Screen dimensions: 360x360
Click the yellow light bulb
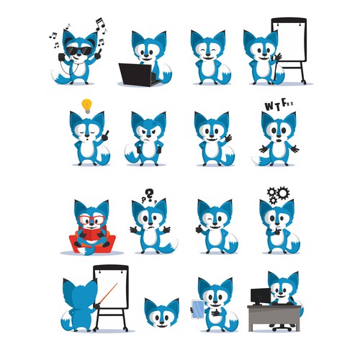pyautogui.click(x=87, y=106)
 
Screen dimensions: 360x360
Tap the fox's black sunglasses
pyautogui.click(x=79, y=50)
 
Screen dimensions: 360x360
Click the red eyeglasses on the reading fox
pyautogui.click(x=92, y=220)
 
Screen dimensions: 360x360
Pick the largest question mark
pyautogui.click(x=150, y=194)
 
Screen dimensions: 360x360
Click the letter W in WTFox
pyautogui.click(x=269, y=107)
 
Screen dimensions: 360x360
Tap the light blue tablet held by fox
pyautogui.click(x=198, y=310)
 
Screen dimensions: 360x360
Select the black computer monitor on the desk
pyautogui.click(x=261, y=296)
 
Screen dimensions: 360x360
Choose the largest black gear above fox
pyautogui.click(x=283, y=193)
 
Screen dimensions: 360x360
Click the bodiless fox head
pyautogui.click(x=161, y=313)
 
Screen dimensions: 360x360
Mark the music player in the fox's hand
pyautogui.click(x=61, y=57)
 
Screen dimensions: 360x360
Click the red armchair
pyautogui.click(x=92, y=242)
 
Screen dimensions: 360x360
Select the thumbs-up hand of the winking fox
pyautogui.click(x=199, y=230)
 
